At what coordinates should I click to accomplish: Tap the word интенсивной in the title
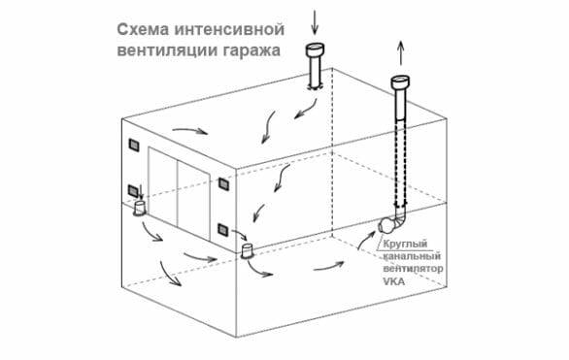235,28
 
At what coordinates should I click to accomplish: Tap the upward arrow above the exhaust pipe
400,53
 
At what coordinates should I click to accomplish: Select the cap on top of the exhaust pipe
400,82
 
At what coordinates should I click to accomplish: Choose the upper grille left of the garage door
132,146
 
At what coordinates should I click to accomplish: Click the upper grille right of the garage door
224,182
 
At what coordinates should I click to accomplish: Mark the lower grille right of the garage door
223,229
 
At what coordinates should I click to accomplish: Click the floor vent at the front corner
248,252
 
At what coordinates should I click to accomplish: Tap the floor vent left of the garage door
141,208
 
